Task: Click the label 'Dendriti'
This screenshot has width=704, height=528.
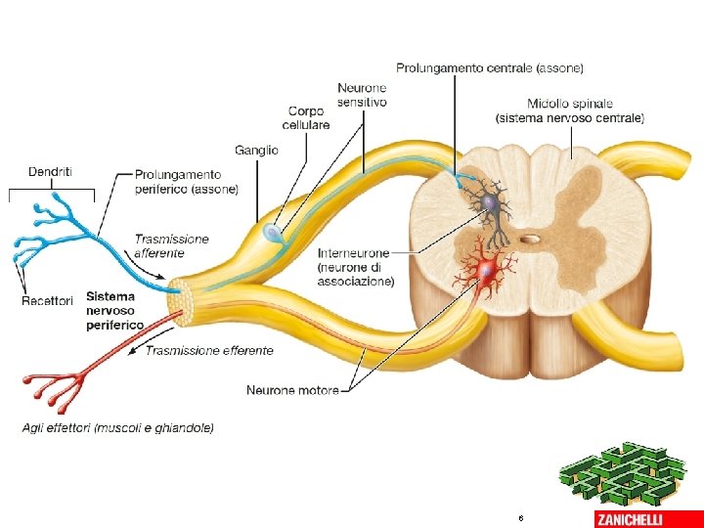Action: coord(49,172)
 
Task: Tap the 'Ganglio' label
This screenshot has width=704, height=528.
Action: coord(256,150)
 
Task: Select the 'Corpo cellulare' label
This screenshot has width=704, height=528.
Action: coord(306,118)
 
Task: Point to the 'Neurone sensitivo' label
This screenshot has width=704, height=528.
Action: coord(362,95)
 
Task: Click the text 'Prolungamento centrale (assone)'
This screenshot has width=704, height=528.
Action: coord(489,68)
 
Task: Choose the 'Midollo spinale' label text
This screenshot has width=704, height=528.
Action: coord(570,110)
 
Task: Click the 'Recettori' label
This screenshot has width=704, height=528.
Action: coord(47,301)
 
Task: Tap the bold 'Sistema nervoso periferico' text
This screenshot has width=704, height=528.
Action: coord(114,310)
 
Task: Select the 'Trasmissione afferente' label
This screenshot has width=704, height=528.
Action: coord(171,245)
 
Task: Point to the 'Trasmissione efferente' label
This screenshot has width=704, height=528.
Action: coord(209,350)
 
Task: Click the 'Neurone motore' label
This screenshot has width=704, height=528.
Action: coord(292,390)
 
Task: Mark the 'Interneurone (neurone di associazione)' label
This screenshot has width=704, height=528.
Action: coord(356,267)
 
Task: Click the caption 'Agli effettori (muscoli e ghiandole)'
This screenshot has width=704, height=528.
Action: coord(118,427)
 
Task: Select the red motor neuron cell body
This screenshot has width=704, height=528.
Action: coord(486,277)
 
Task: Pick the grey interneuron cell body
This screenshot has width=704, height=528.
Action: coord(490,203)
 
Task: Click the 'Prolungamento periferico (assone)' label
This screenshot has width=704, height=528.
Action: coord(186,182)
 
